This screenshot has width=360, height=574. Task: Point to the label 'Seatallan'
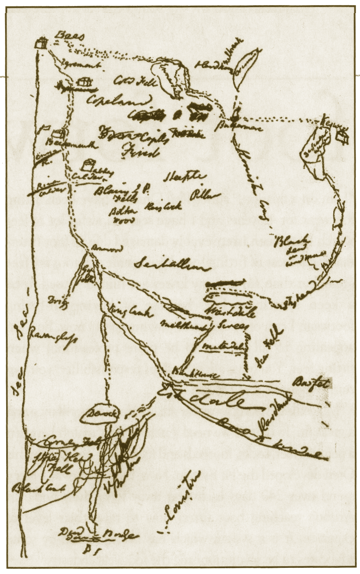click(170, 266)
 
